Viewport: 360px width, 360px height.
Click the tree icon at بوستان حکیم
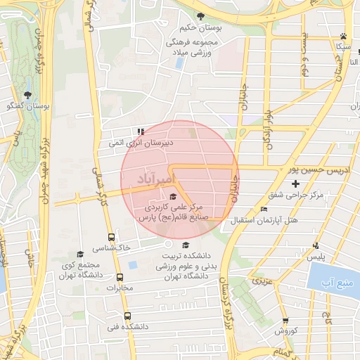click(x=201, y=16)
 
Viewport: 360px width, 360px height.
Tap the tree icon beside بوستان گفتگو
click(x=28, y=95)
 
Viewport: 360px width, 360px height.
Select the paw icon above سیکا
click(x=343, y=35)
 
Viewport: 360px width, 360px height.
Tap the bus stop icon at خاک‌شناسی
click(x=111, y=238)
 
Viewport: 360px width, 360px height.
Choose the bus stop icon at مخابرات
click(x=120, y=277)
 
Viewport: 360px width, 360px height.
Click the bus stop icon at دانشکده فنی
click(x=127, y=316)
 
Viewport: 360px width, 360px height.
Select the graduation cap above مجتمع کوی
click(x=80, y=254)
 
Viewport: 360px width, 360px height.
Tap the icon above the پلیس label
click(x=316, y=245)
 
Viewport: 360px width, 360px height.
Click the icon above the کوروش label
click(x=286, y=320)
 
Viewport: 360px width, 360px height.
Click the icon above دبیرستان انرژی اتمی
click(x=141, y=131)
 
